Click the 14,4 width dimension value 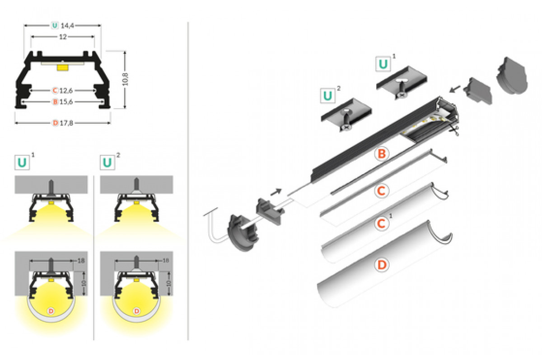tap(67, 26)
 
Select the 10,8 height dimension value tap(126, 79)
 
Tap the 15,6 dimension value tap(67, 102)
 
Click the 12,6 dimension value tap(67, 90)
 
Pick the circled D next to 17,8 tap(55, 123)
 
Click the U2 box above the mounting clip tap(328, 96)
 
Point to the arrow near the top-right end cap tap(456, 88)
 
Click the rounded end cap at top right tap(514, 76)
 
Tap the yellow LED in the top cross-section tap(63, 67)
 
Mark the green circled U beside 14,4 tap(55, 26)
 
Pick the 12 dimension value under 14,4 tap(63, 37)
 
